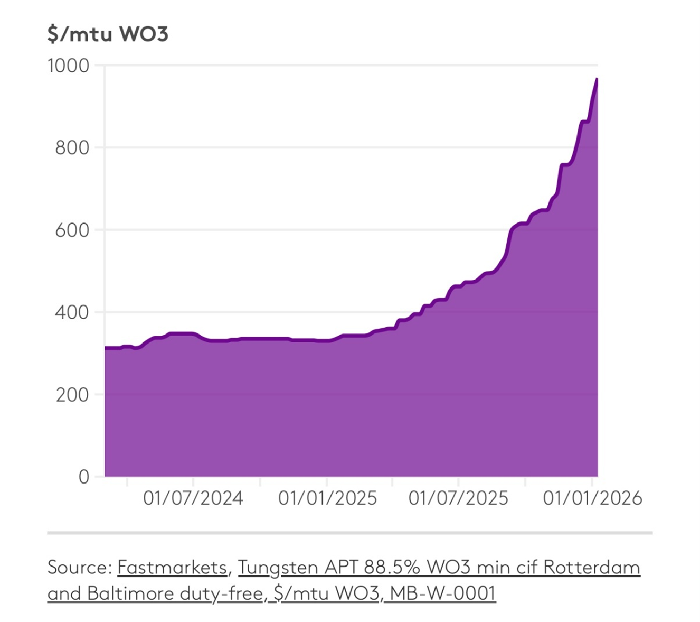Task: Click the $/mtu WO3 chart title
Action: pyautogui.click(x=108, y=34)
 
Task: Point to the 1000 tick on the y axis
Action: pyautogui.click(x=69, y=66)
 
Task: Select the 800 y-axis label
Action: pyautogui.click(x=72, y=147)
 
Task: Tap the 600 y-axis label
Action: pyautogui.click(x=72, y=230)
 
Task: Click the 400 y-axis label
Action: pyautogui.click(x=72, y=312)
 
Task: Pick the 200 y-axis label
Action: pyautogui.click(x=72, y=395)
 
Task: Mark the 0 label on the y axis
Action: pyautogui.click(x=83, y=477)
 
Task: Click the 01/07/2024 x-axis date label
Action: pyautogui.click(x=193, y=498)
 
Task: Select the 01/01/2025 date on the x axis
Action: pyautogui.click(x=327, y=498)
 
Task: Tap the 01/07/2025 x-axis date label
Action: pyautogui.click(x=458, y=498)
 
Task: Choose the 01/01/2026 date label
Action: pyautogui.click(x=592, y=498)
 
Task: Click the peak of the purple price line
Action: pyautogui.click(x=597, y=79)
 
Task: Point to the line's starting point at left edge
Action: pyautogui.click(x=106, y=347)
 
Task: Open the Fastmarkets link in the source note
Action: pyautogui.click(x=172, y=567)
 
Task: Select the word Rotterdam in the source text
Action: pyautogui.click(x=592, y=567)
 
